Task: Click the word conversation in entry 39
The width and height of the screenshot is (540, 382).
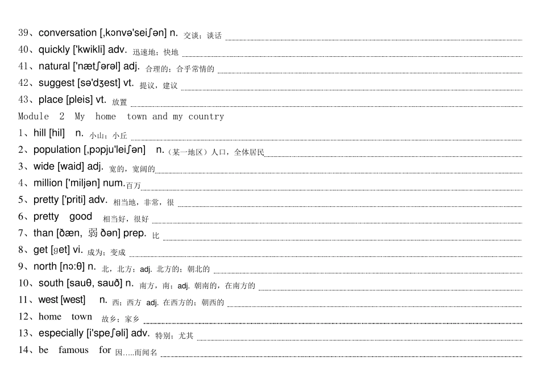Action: point(68,33)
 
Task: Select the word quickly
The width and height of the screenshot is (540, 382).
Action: point(54,50)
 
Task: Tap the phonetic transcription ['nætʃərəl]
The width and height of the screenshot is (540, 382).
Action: point(97,66)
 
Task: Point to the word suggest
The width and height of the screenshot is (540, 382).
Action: point(56,84)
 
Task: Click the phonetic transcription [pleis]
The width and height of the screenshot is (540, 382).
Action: point(80,100)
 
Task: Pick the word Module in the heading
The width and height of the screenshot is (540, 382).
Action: point(34,117)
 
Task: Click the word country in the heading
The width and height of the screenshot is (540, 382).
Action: point(206,117)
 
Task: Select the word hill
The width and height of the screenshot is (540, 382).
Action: point(40,132)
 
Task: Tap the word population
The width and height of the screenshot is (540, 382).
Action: point(57,150)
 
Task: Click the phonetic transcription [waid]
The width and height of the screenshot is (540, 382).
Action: point(70,167)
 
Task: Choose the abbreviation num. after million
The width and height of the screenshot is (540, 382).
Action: point(114,183)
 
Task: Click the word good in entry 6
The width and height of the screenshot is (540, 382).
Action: point(81,217)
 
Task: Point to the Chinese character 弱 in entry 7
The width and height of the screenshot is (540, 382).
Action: point(93,233)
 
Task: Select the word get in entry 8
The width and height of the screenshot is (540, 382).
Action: point(40,250)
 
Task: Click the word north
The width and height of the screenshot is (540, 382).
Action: point(45,266)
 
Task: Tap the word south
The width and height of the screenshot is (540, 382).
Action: point(51,283)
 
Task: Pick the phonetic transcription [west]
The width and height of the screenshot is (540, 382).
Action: point(73,300)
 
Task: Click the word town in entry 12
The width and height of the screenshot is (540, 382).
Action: point(82,317)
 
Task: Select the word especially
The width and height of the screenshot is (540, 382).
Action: point(61,334)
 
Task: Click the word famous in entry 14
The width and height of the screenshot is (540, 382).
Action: point(73,350)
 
